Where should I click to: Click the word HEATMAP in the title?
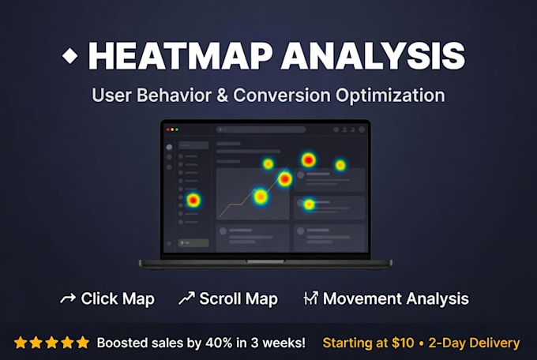click(x=181, y=56)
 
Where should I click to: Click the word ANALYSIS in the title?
click(x=374, y=56)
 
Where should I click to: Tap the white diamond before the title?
click(x=69, y=55)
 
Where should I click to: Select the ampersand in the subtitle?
click(x=222, y=95)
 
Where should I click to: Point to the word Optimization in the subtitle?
click(x=390, y=96)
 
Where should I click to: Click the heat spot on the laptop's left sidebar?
click(x=193, y=200)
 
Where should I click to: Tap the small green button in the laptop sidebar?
click(x=193, y=243)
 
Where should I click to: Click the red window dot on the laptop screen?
click(x=167, y=129)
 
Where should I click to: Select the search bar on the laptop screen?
click(x=261, y=129)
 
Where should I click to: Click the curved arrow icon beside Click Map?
click(x=68, y=298)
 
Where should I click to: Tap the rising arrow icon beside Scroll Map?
click(x=186, y=298)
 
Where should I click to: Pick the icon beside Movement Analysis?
click(x=310, y=298)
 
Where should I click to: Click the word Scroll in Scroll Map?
click(x=220, y=298)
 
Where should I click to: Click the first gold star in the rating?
click(x=21, y=343)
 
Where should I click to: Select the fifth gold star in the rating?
click(x=83, y=343)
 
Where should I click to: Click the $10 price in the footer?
click(x=403, y=343)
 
